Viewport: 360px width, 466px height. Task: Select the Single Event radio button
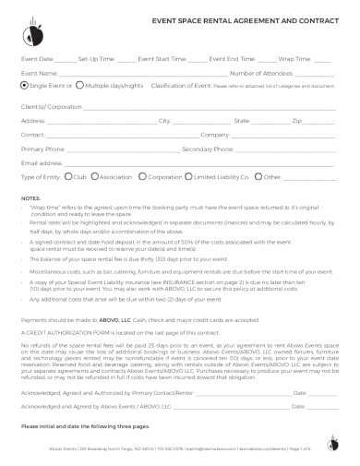[24, 85]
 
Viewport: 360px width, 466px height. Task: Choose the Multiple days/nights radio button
[78, 85]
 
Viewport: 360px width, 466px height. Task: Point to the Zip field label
[297, 121]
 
